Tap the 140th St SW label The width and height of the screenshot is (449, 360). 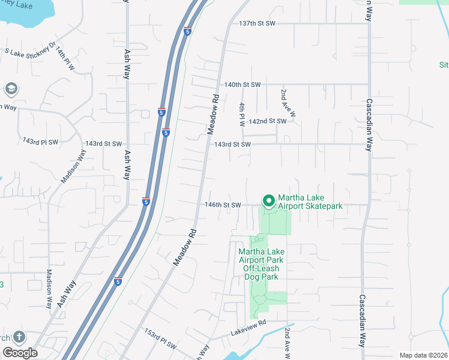243,85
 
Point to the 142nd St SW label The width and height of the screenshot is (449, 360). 268,121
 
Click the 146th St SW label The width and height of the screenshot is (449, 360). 222,205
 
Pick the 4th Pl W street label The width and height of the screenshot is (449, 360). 242,114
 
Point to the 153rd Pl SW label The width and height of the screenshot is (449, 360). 160,339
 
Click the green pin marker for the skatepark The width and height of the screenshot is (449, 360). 268,200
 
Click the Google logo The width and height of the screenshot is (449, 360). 19,353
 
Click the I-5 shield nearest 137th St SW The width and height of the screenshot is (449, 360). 187,31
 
